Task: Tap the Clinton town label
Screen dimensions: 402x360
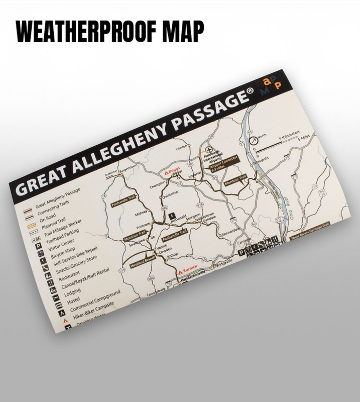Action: coord(182,147)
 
